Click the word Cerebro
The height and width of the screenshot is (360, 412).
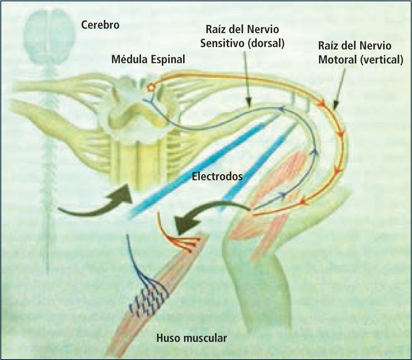coord(100,25)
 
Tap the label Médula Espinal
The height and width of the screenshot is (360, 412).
coord(148,59)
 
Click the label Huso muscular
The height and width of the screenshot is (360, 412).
coord(192,338)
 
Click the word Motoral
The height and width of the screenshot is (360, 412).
coord(337,60)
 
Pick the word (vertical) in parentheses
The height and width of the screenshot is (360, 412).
coord(381,60)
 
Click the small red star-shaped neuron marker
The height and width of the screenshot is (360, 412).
coord(149,88)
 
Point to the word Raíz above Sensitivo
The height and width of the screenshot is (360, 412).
coord(215,30)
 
